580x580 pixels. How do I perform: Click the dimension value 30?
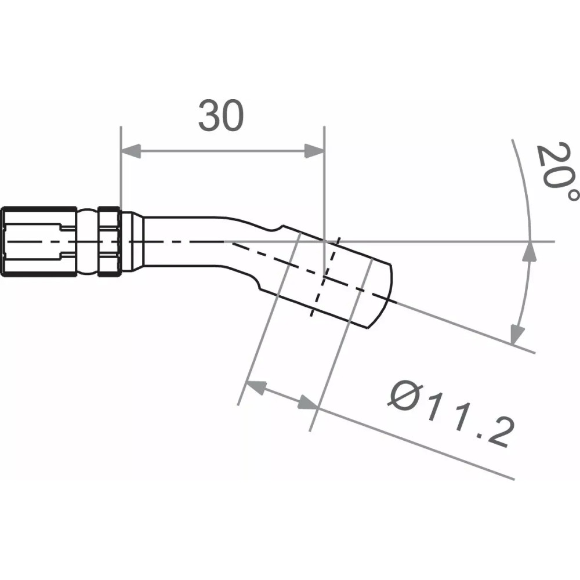tap(221, 115)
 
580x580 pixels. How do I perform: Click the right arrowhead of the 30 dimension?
tap(314, 153)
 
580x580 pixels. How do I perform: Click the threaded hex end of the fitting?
tap(38, 241)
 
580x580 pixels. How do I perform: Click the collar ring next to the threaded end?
tap(109, 241)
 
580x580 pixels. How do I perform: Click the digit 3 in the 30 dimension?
tap(209, 115)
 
